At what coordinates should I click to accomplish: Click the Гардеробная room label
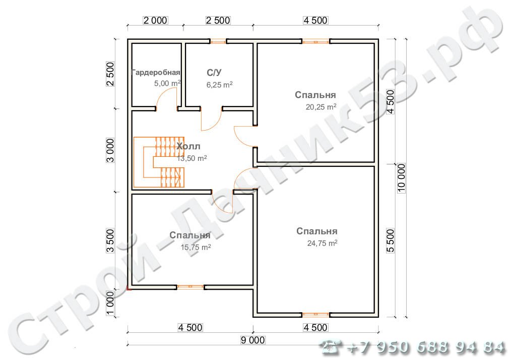coord(156,72)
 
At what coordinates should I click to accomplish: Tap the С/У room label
coord(214,72)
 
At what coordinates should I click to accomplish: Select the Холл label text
coord(188,146)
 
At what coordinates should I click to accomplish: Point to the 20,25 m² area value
coord(321,107)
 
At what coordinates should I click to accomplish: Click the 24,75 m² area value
coord(322,243)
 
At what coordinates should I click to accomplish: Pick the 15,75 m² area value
coord(196,247)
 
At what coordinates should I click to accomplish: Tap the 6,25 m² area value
coord(219,85)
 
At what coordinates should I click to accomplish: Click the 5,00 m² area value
coord(167,83)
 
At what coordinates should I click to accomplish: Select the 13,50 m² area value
coord(191,158)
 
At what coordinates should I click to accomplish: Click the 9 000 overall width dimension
coord(252,340)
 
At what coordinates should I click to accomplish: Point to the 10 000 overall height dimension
coord(402,178)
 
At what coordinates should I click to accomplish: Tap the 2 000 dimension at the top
coord(155,20)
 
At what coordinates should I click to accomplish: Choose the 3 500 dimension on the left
coord(110,241)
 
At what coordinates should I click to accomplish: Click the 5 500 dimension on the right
coord(391,241)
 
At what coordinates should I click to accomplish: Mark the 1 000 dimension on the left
coord(110,303)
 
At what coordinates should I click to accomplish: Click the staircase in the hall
coord(159,162)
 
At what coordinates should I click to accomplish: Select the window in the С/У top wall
coord(218,41)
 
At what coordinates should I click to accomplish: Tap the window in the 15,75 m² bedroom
coord(190,287)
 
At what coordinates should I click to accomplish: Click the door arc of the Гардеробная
coord(167,97)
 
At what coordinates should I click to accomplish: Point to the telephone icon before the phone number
coord(331,346)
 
